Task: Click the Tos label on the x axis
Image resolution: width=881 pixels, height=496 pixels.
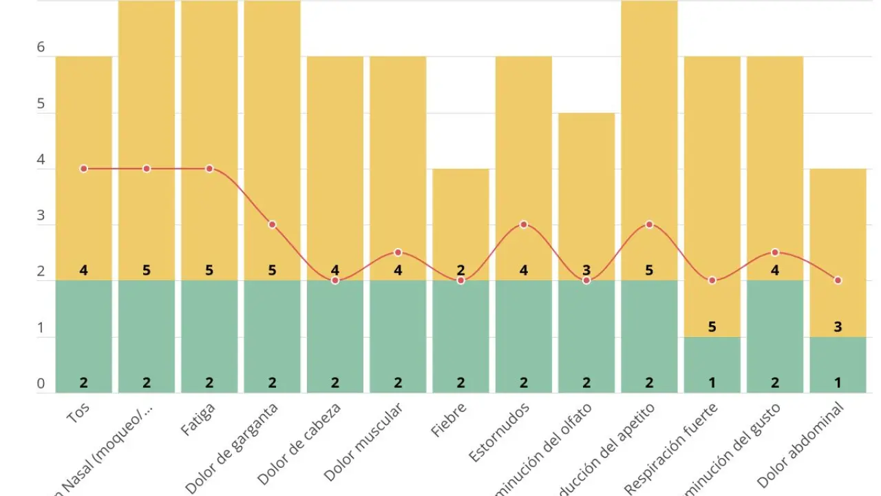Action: [78, 413]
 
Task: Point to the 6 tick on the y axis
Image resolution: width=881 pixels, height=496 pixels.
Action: [41, 48]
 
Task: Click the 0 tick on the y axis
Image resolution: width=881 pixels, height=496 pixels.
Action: [41, 384]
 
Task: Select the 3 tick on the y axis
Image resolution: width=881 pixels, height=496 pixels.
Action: [41, 216]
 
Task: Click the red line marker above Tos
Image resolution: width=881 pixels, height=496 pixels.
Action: [84, 169]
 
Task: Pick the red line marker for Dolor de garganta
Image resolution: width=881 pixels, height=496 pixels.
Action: [273, 225]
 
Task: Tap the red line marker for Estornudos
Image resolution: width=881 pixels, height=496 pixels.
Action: [524, 225]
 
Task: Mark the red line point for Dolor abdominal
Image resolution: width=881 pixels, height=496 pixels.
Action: [838, 280]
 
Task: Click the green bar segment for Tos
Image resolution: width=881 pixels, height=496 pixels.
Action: [84, 338]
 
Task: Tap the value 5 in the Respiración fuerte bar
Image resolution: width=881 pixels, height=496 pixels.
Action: [712, 327]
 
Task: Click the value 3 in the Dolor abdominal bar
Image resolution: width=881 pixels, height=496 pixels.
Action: [838, 327]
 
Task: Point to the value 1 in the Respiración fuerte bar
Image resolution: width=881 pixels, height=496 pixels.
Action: [712, 383]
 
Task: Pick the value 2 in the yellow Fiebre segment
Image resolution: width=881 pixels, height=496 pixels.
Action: [460, 270]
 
